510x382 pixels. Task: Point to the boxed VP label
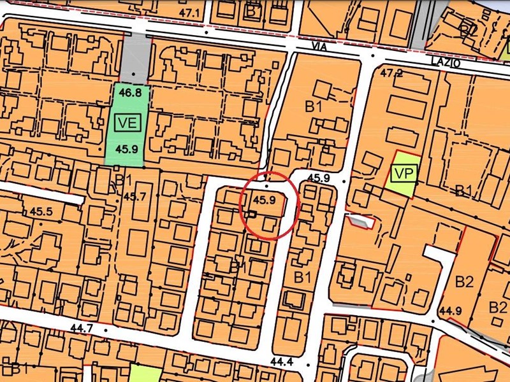pyautogui.click(x=402, y=173)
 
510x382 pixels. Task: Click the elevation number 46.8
pyautogui.click(x=129, y=93)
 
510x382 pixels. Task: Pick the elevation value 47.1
pyautogui.click(x=190, y=13)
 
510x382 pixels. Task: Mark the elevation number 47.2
pyautogui.click(x=392, y=73)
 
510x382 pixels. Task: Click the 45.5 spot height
pyautogui.click(x=41, y=211)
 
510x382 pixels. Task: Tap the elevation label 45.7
pyautogui.click(x=135, y=196)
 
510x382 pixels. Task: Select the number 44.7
pyautogui.click(x=81, y=329)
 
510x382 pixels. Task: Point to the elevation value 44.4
pyautogui.click(x=281, y=361)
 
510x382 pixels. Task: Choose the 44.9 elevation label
pyautogui.click(x=450, y=311)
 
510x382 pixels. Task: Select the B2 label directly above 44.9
pyautogui.click(x=465, y=281)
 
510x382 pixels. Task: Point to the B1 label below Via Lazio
pyautogui.click(x=313, y=107)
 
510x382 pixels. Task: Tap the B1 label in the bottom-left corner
pyautogui.click(x=18, y=367)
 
